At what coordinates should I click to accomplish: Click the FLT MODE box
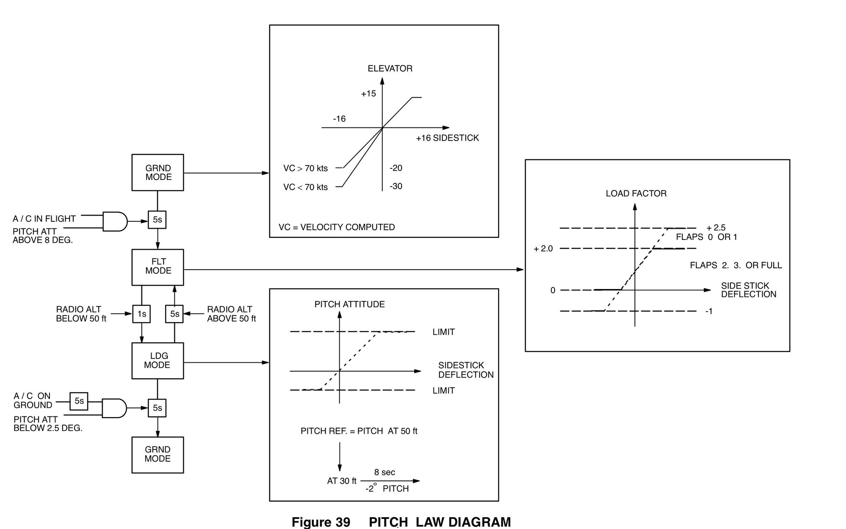pos(158,267)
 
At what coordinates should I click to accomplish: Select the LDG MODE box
pos(158,361)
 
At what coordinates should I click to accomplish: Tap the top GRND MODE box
pos(158,172)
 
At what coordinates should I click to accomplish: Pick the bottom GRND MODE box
pos(158,455)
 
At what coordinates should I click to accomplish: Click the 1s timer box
pos(141,314)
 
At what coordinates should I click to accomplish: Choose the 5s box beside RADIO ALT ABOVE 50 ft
pos(174,314)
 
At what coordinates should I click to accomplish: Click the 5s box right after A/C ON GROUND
pos(79,401)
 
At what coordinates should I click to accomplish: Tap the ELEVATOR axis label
pos(390,69)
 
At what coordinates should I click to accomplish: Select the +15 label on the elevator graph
pos(368,94)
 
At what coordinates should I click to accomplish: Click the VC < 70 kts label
pos(305,187)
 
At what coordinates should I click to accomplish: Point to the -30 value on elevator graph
pos(396,186)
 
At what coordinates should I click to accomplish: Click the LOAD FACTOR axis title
pos(636,193)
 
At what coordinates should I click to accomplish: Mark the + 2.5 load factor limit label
pos(716,228)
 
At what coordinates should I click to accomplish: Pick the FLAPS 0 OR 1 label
pos(706,237)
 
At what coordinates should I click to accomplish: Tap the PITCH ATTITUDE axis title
pos(349,304)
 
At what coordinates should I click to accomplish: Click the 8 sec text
pos(384,472)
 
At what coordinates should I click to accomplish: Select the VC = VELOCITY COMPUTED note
pos(337,227)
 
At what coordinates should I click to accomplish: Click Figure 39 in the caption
pos(321,522)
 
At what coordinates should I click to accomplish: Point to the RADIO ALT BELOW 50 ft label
pos(81,314)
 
